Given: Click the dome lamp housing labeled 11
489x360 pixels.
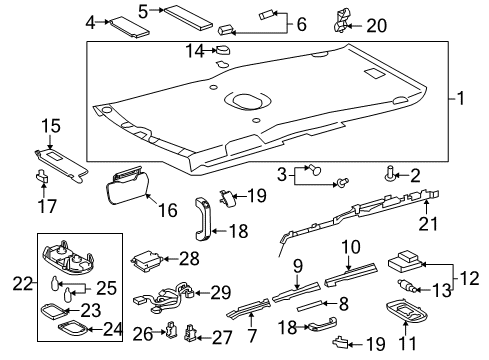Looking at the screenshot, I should (x=411, y=319).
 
